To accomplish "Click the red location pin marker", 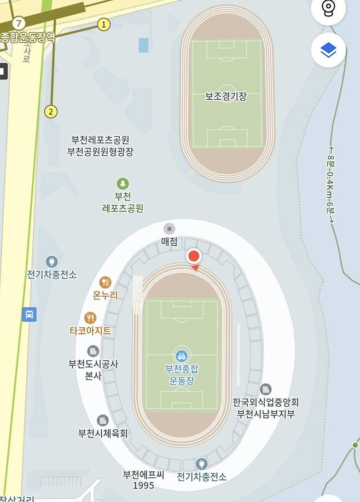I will (x=194, y=257).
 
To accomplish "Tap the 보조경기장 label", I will (x=226, y=96).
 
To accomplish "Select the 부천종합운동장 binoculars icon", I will (x=181, y=355).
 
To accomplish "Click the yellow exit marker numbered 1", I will (x=103, y=24).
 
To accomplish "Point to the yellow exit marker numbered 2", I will (x=51, y=112).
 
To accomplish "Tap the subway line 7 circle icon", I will (x=19, y=23).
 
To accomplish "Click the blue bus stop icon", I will (x=30, y=314).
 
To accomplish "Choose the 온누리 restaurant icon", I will (x=105, y=282).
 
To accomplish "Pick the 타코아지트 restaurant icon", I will (x=90, y=318).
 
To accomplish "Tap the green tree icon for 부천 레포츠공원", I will (x=123, y=183).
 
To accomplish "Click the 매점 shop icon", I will (x=170, y=228).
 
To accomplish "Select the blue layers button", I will (x=328, y=50).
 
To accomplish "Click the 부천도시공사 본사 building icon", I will (x=93, y=351).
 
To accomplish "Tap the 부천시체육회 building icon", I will (x=102, y=420).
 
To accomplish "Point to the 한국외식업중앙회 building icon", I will (x=265, y=389).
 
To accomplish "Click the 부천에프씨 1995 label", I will (x=143, y=480).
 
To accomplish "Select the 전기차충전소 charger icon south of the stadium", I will (x=201, y=464).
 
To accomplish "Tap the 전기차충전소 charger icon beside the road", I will (x=51, y=261).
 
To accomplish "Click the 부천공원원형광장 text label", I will (x=100, y=152).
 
